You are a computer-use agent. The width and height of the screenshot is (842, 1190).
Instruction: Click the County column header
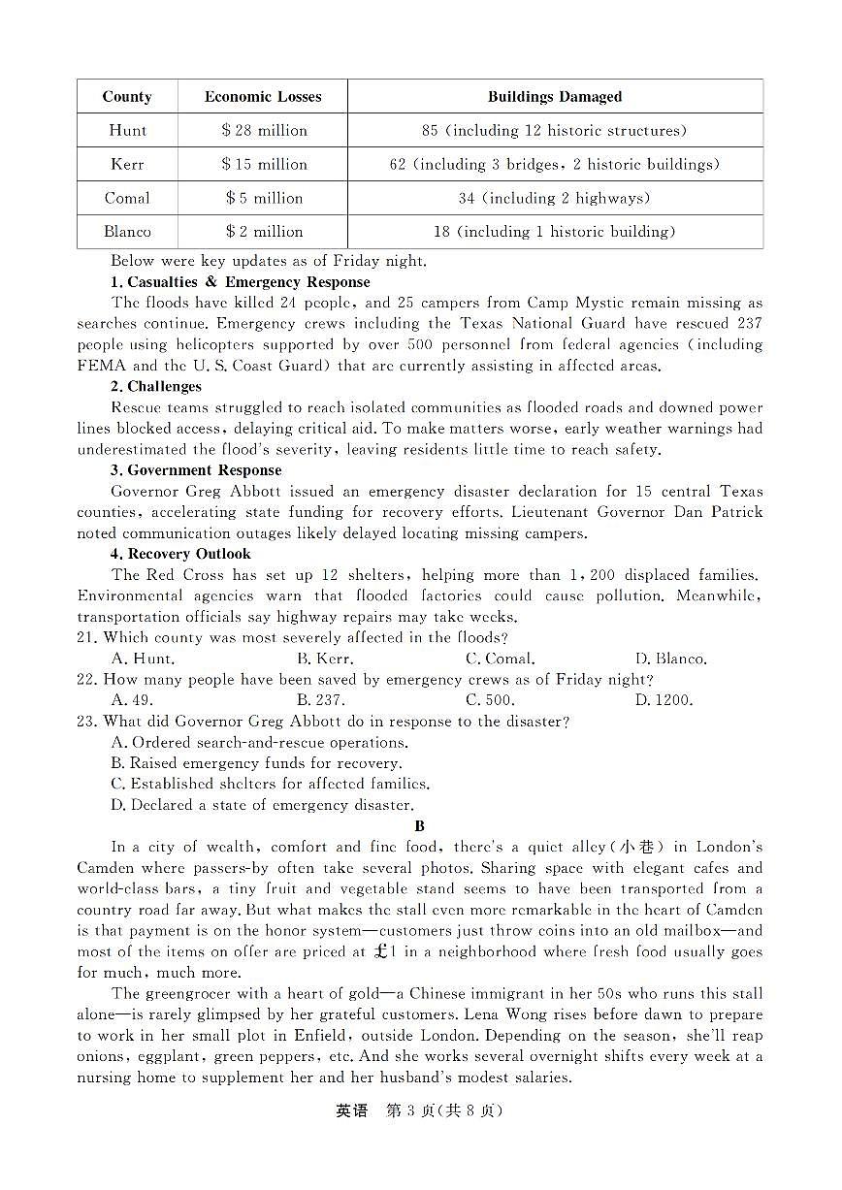coord(127,97)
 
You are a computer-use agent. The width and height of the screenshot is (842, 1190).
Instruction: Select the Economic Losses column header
coord(263,97)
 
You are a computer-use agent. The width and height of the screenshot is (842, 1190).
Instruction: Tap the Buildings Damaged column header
coord(555,97)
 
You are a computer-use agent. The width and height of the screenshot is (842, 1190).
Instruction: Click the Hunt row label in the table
coord(127,131)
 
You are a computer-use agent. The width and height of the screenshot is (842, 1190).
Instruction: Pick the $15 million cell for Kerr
coord(264,165)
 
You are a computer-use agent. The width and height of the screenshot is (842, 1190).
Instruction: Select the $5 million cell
coord(264,198)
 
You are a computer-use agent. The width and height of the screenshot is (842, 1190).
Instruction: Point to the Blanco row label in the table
coord(127,232)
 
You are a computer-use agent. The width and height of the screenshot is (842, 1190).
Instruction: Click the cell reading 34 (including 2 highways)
coord(555,198)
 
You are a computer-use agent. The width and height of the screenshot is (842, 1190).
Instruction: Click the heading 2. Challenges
coord(156,387)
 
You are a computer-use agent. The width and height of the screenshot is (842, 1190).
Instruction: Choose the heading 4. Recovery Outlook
coord(180,554)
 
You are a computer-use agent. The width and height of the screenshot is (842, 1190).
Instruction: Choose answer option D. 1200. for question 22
coord(664,700)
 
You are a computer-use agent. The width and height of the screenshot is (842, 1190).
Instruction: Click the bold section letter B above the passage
coord(420,826)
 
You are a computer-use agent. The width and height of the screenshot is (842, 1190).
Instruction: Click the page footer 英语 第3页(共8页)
coord(420,1111)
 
